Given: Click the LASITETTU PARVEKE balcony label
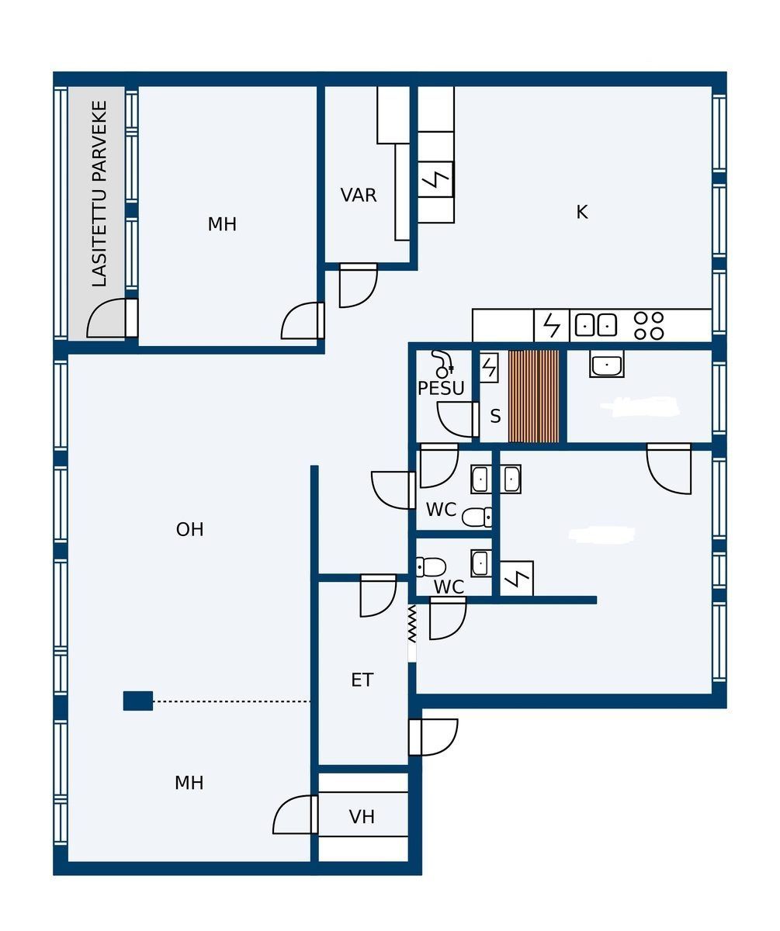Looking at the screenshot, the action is [99, 193].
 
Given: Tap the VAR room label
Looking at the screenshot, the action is [358, 196].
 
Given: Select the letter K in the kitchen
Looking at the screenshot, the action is [581, 213].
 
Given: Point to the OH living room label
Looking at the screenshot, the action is [190, 530].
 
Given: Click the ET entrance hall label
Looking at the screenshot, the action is [362, 680].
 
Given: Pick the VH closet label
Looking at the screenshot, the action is [362, 817].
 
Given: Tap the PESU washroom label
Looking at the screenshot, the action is [441, 389].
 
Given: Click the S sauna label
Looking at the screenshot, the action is [495, 416].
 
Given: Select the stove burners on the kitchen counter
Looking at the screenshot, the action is [649, 326].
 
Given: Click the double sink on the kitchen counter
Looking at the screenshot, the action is [596, 325].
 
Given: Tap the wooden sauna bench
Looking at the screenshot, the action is [533, 396].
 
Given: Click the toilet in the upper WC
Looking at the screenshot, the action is [477, 517].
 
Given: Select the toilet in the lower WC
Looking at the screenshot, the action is [431, 566].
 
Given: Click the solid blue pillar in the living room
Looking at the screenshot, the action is [138, 701].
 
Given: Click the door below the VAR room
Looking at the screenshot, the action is [358, 286].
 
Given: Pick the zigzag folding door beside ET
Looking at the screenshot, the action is [411, 623].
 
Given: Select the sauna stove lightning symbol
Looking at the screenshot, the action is [489, 368].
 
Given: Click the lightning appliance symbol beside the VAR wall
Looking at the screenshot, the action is [435, 179].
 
